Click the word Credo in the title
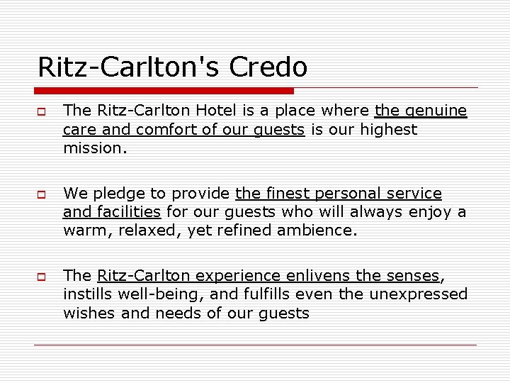pos(271,67)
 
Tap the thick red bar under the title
pos(164,91)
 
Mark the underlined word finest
pos(290,193)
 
